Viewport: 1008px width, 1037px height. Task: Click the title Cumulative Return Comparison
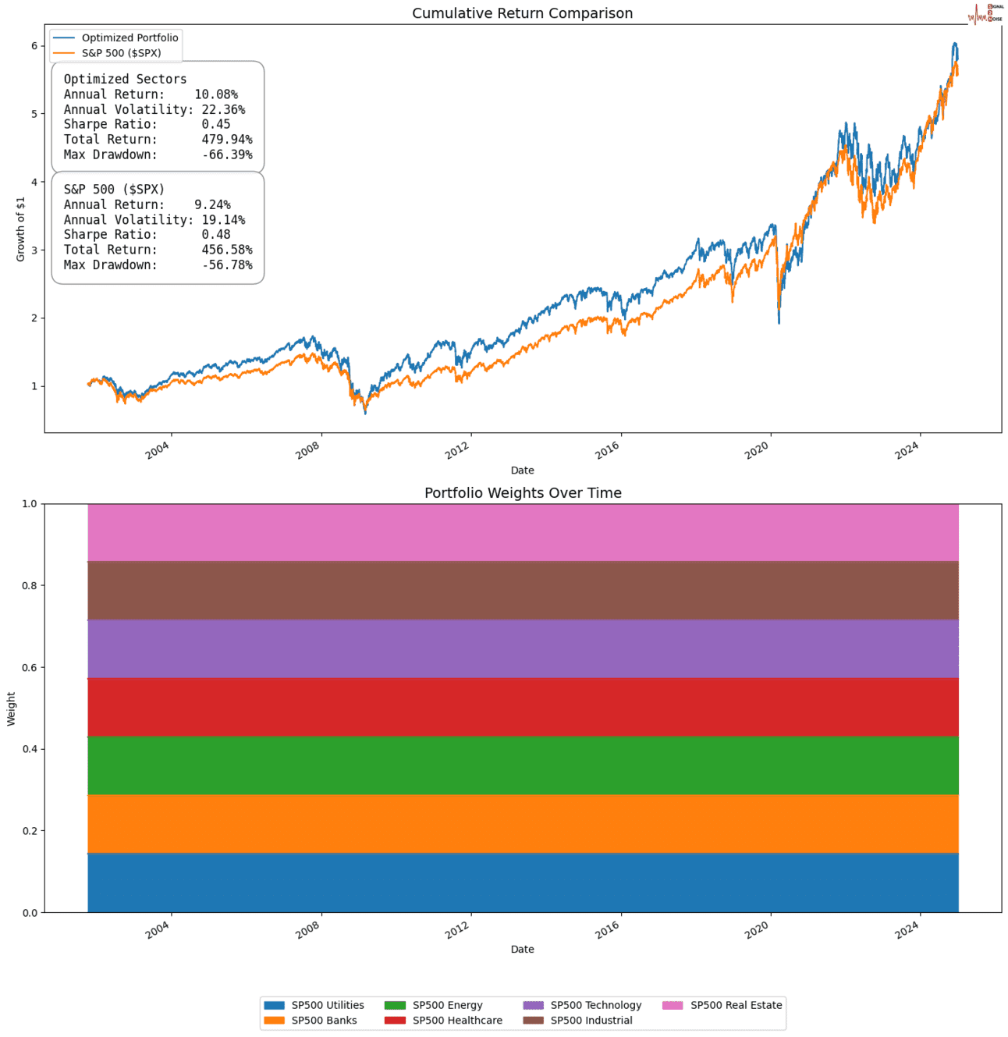pyautogui.click(x=522, y=13)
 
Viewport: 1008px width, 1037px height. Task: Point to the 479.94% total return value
pyautogui.click(x=226, y=140)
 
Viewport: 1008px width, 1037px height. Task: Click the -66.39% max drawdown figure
pyautogui.click(x=226, y=154)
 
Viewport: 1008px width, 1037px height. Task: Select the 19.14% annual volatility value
pyautogui.click(x=223, y=220)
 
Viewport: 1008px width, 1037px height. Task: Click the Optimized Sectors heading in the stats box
pyautogui.click(x=125, y=79)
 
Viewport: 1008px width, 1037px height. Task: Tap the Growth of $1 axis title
pyautogui.click(x=21, y=229)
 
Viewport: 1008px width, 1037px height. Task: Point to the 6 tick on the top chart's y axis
pyautogui.click(x=34, y=46)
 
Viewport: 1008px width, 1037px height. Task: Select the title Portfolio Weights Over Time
pyautogui.click(x=523, y=493)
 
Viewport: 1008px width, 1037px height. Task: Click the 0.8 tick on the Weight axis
pyautogui.click(x=28, y=586)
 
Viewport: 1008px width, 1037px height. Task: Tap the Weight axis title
pyautogui.click(x=12, y=708)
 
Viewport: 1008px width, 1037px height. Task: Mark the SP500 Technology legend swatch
pyautogui.click(x=533, y=1005)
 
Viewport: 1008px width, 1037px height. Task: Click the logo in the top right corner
pyautogui.click(x=985, y=13)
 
